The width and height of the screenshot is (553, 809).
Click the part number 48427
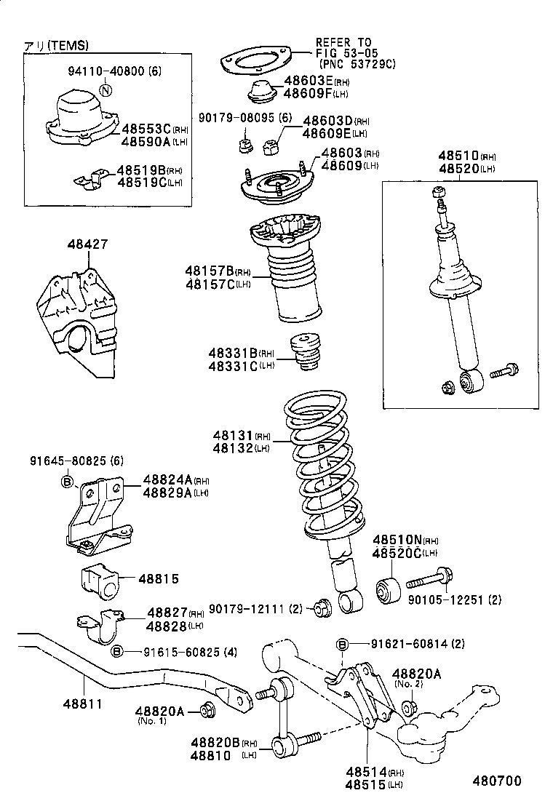[89, 244]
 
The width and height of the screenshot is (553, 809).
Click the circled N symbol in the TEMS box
[106, 91]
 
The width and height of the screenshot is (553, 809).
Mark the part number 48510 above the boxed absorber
[458, 156]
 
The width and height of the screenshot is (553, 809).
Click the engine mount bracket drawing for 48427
[79, 320]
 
